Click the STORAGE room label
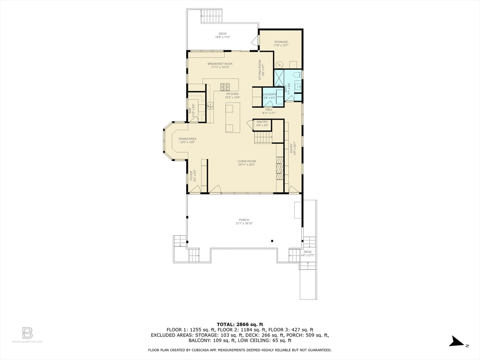(281, 42)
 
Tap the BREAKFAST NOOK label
(220, 64)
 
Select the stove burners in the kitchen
(224, 86)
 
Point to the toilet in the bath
(296, 75)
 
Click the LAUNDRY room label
(269, 94)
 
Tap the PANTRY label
(262, 122)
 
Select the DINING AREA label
(187, 139)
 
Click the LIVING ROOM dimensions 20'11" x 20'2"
(247, 165)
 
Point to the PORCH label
(244, 220)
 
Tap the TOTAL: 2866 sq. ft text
(240, 324)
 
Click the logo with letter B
(28, 333)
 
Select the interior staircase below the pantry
(263, 138)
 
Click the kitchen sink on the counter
(210, 105)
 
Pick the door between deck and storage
(256, 41)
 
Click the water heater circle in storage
(280, 64)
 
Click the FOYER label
(191, 175)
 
